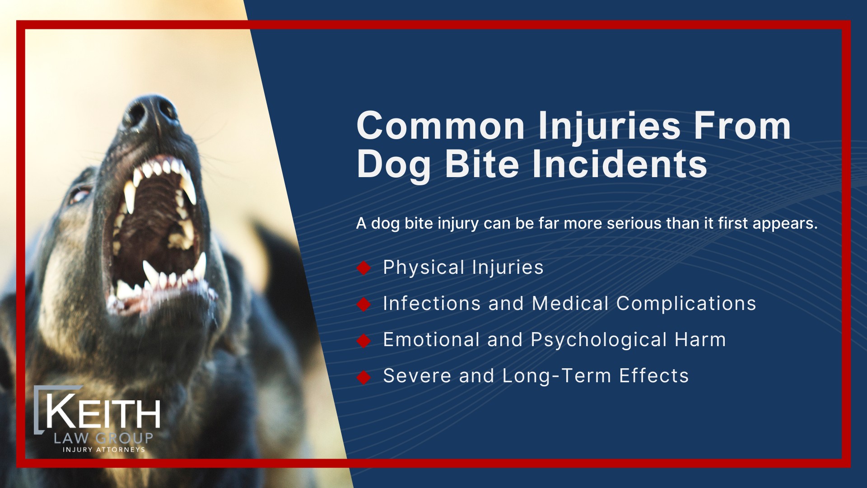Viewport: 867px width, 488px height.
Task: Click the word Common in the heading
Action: tap(440, 126)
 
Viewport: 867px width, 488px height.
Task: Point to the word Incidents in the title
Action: tap(620, 164)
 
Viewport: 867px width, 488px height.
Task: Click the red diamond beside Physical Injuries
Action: tap(364, 268)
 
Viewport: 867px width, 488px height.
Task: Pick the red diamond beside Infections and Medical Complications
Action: tap(364, 304)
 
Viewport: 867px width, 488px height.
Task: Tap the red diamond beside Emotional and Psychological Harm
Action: tap(364, 340)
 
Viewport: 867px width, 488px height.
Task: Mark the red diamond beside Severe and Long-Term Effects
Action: tap(364, 376)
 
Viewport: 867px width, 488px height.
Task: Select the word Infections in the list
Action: tap(432, 304)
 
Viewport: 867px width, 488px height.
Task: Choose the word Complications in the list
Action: tap(686, 304)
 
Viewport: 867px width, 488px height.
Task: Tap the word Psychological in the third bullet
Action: tap(599, 340)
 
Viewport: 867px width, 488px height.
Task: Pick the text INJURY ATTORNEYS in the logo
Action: tap(104, 450)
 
